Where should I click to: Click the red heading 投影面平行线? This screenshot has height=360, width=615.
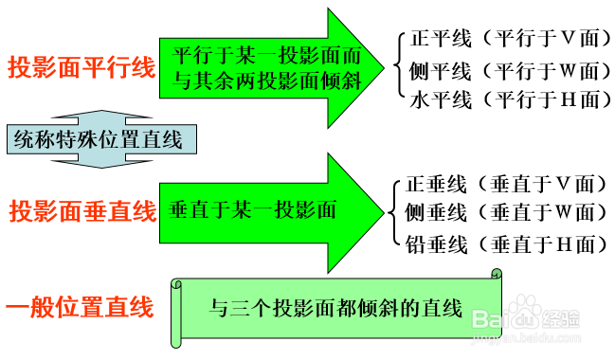81,68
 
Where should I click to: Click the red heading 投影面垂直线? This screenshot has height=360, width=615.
81,211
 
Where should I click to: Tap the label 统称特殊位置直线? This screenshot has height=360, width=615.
96,140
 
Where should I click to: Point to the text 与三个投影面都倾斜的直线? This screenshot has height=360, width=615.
335,308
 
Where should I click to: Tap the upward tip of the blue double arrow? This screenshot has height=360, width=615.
96,107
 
